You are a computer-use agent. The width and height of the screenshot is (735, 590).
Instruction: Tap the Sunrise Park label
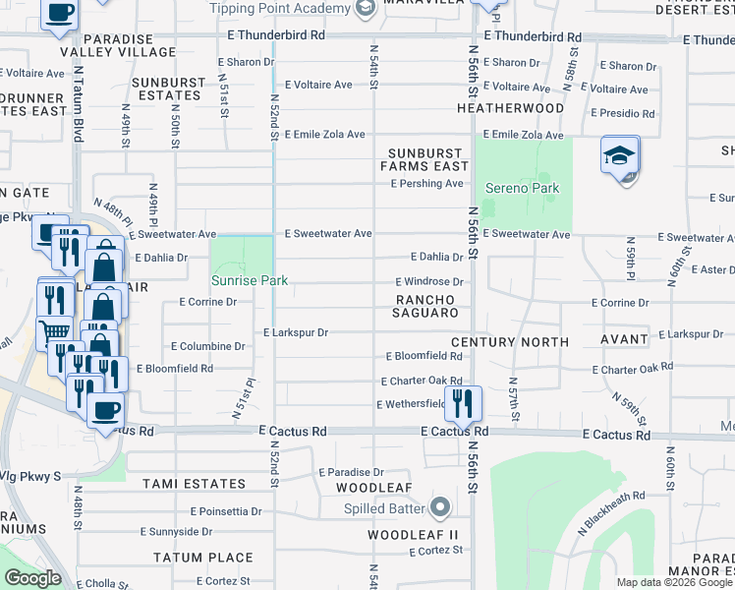click(x=250, y=280)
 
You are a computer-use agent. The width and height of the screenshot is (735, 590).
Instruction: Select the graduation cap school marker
click(x=620, y=156)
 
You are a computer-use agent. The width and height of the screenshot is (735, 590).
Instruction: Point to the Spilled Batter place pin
click(x=440, y=508)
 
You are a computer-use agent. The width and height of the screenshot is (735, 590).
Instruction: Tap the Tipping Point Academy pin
click(x=366, y=10)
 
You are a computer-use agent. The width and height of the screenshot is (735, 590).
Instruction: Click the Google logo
click(x=32, y=578)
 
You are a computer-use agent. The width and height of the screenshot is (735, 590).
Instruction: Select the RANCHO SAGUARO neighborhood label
click(x=427, y=306)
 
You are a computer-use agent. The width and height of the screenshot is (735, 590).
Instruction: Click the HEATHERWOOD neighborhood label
click(x=509, y=108)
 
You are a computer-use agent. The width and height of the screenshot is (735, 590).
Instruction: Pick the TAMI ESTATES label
click(x=194, y=484)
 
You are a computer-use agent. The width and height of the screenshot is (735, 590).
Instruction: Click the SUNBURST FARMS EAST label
click(x=424, y=159)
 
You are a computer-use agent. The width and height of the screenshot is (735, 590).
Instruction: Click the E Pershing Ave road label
click(x=426, y=184)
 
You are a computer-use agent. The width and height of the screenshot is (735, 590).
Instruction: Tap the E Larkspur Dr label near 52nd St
click(x=295, y=333)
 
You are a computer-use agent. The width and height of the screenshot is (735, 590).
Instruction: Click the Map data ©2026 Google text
click(x=674, y=582)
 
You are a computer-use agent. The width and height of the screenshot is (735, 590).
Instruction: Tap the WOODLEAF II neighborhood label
click(x=413, y=535)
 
